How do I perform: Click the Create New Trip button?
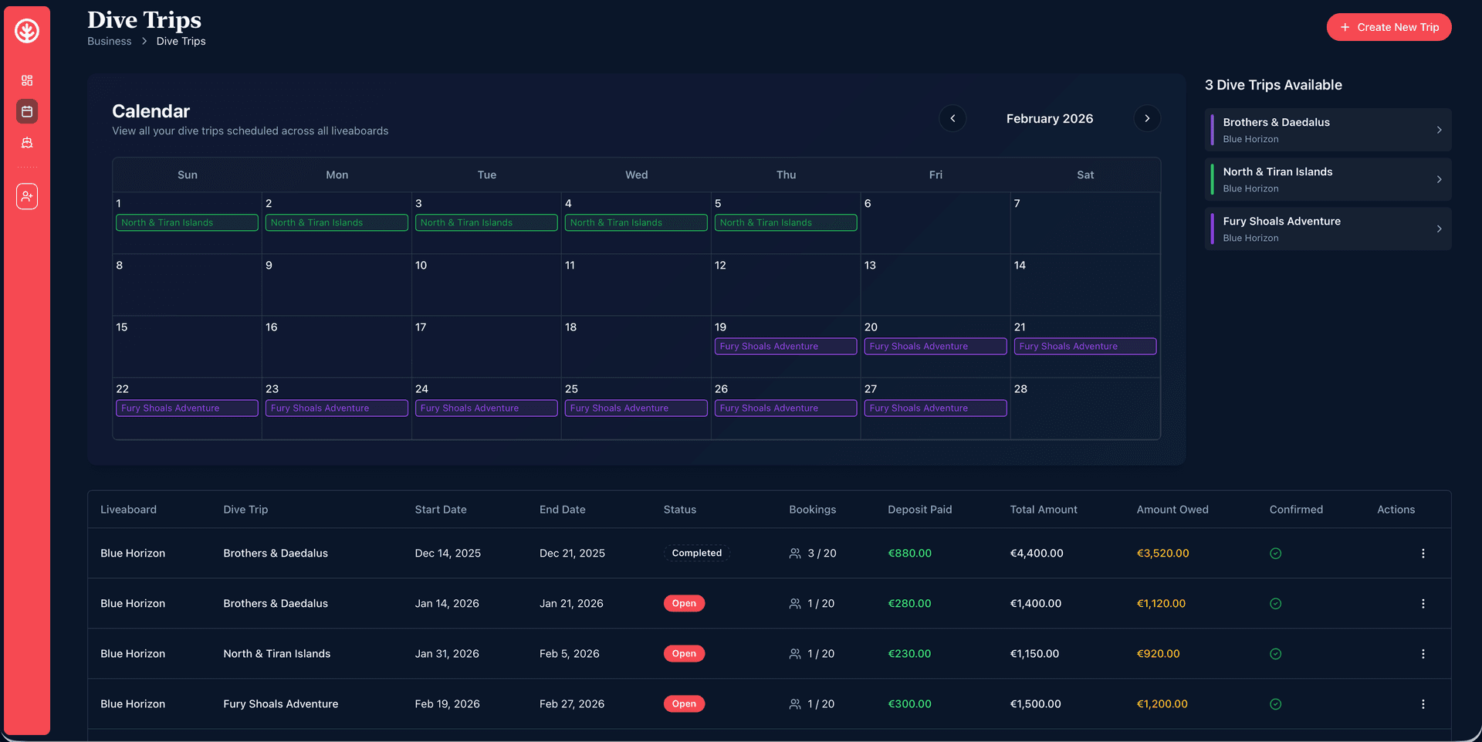pos(1389,27)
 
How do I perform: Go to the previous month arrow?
pos(952,118)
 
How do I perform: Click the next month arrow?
pos(1147,118)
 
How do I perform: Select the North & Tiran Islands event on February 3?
pos(485,222)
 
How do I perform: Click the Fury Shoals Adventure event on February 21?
pos(1084,346)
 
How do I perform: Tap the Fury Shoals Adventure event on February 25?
pos(635,408)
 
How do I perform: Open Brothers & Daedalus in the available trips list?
pos(1328,130)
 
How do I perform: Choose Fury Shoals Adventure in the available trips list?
pos(1328,229)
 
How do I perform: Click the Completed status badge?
pos(696,553)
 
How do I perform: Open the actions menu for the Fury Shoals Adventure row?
pos(1423,704)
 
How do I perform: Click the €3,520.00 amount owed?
pos(1162,553)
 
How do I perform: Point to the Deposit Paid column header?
pos(919,510)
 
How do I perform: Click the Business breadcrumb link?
pos(109,42)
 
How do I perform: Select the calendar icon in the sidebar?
pos(27,111)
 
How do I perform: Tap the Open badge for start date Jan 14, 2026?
pos(684,604)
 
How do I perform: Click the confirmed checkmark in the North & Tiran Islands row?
pos(1275,654)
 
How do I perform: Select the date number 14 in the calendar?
pos(1020,266)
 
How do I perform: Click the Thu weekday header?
pos(786,175)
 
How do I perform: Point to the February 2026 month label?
pos(1049,119)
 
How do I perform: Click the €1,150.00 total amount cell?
pos(1034,654)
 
